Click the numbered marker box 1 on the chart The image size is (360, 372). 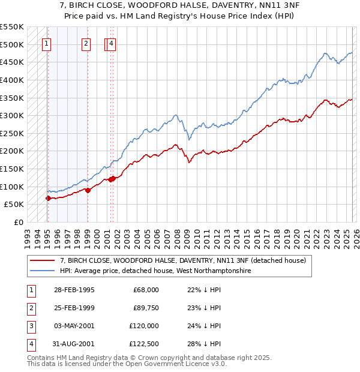47,43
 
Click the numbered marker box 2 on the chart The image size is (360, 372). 86,43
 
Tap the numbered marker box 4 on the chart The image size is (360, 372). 112,43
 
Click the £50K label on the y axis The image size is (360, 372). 14,205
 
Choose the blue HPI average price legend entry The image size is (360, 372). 154,271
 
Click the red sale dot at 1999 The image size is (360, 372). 88,190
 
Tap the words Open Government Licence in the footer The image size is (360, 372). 176,364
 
